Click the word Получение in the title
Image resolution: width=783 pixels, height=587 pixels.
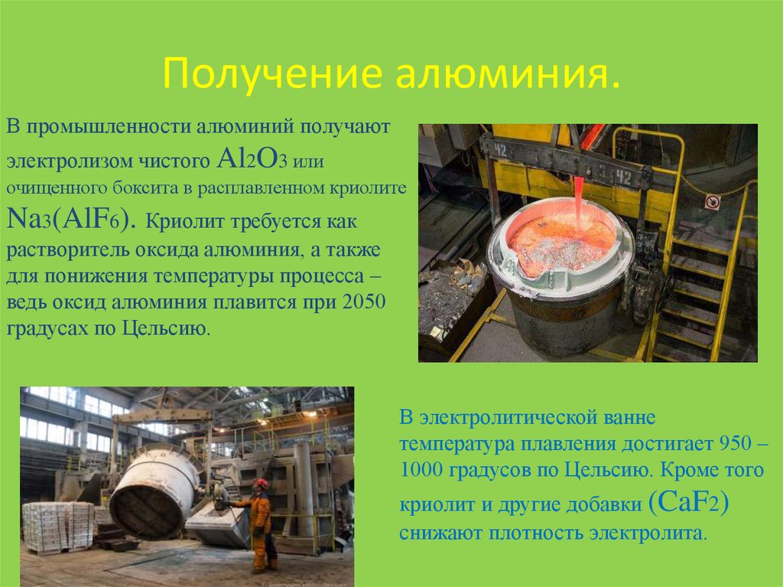(272, 74)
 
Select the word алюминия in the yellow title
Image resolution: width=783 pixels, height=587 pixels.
(508, 74)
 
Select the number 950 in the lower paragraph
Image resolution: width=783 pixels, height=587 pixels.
(735, 442)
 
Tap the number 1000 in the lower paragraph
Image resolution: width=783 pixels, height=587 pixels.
(421, 469)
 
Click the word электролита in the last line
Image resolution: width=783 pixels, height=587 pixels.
(648, 533)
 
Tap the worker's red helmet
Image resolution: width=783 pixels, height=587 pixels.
(261, 484)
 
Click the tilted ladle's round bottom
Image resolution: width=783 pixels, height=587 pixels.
(148, 504)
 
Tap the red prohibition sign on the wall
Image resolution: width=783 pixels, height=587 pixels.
(712, 202)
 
